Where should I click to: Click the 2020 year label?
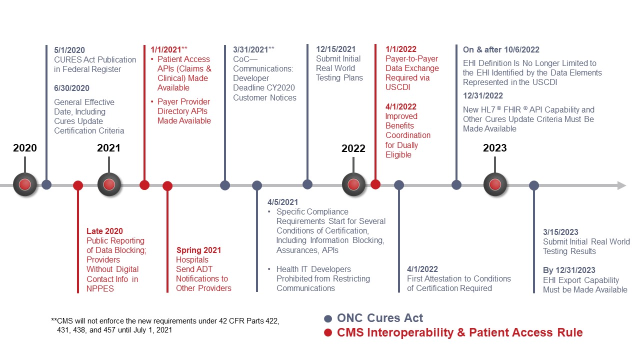pos(24,148)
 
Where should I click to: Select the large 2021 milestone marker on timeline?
pos(109,184)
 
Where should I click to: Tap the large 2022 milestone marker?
pos(353,184)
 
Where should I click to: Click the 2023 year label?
pos(494,148)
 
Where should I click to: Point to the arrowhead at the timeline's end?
pos(621,185)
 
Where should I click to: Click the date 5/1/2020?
pos(69,50)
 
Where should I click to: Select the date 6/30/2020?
pos(71,88)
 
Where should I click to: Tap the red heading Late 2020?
pos(104,231)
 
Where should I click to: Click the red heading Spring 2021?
pos(198,250)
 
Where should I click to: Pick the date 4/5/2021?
pos(282,202)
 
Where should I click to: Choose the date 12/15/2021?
pos(335,49)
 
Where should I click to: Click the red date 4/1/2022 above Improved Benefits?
pos(400,106)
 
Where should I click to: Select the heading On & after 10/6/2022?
pos(501,49)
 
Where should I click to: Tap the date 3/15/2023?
pos(560,232)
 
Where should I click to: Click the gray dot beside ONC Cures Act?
pos(328,318)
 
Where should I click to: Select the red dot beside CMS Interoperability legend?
pos(328,333)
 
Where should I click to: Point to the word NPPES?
pos(100,288)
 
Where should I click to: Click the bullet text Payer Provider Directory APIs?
pos(183,111)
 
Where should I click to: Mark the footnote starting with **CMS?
pos(165,325)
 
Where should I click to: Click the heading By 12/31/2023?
pos(569,270)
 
